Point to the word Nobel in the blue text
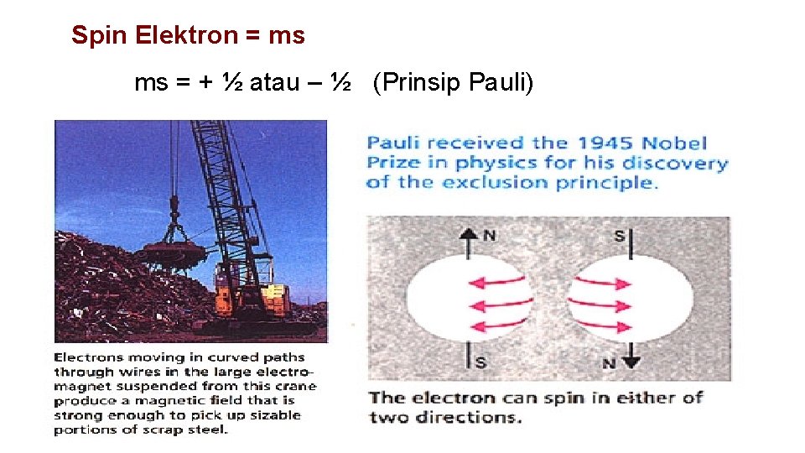click(680, 143)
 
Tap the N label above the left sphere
click(489, 236)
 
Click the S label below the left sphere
click(480, 362)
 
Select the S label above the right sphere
click(618, 236)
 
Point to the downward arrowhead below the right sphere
click(631, 361)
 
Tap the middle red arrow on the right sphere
click(600, 304)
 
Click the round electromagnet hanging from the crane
click(175, 253)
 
